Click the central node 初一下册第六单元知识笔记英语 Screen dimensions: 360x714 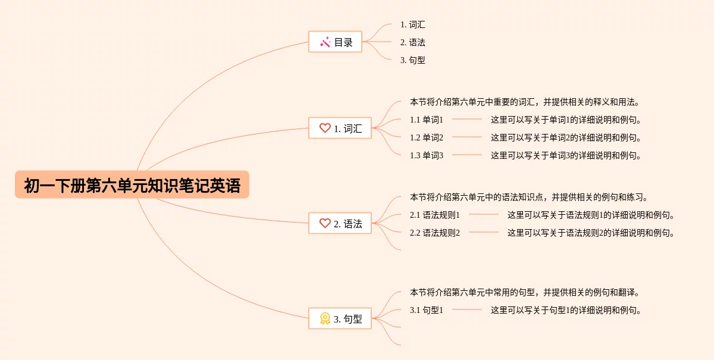tap(132, 185)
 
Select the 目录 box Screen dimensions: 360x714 tap(335, 42)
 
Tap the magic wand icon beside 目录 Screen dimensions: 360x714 tap(325, 42)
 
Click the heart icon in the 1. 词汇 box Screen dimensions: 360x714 tap(325, 128)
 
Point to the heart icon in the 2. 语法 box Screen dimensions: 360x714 tap(325, 223)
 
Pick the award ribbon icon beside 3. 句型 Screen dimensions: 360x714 tap(325, 318)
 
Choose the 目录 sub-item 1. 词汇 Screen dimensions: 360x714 tap(413, 25)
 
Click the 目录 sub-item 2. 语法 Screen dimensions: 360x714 tap(413, 43)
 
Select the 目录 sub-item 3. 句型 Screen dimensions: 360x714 tap(413, 60)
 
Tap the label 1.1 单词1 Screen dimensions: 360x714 tap(427, 120)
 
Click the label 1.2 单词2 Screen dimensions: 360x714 tap(427, 137)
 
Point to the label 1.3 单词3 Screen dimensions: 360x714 tap(427, 155)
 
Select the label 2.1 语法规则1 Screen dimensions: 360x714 tap(435, 215)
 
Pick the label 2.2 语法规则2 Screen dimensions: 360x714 tap(435, 233)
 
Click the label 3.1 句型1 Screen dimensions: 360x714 tap(427, 310)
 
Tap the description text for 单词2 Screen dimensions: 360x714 tap(566, 137)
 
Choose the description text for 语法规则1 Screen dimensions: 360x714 tap(591, 215)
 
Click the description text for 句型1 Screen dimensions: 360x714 tap(566, 310)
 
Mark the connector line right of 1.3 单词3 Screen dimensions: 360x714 tap(467, 155)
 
